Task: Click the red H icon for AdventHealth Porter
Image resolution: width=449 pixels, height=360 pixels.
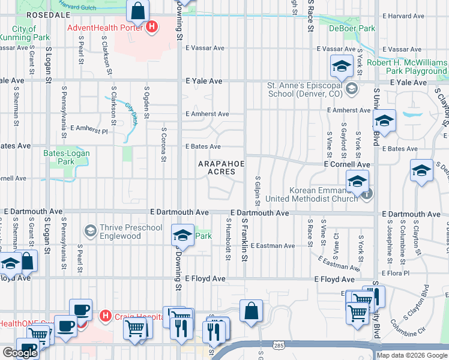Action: pyautogui.click(x=151, y=27)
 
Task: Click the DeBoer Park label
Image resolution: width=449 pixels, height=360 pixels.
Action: pyautogui.click(x=352, y=28)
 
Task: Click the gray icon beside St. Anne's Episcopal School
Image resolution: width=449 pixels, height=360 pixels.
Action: pyautogui.click(x=351, y=89)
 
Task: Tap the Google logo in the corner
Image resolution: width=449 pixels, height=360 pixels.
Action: pyautogui.click(x=20, y=353)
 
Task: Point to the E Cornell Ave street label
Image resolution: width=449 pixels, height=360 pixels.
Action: pyautogui.click(x=346, y=164)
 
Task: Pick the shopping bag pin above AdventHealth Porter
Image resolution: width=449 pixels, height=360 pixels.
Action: pyautogui.click(x=139, y=11)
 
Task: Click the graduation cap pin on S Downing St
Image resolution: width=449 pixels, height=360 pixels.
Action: pyautogui.click(x=181, y=236)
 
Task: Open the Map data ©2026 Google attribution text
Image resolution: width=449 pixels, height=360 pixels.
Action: pyautogui.click(x=412, y=355)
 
